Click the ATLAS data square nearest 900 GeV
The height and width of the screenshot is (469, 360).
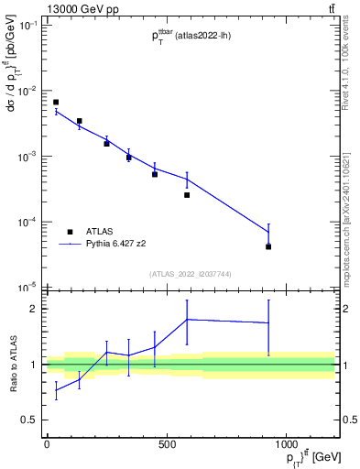[x=268, y=246]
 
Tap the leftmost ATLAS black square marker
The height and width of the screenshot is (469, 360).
[x=56, y=103]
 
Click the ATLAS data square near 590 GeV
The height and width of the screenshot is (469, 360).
[x=187, y=195]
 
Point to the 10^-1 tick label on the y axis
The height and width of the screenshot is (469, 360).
[x=27, y=26]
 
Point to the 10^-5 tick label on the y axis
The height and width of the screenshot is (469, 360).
[x=27, y=288]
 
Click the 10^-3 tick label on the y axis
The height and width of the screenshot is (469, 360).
[x=27, y=157]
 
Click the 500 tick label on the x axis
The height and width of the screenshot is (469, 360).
[x=167, y=445]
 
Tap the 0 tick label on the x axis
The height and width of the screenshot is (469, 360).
[x=47, y=445]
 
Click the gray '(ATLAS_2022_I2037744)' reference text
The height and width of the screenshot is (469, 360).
[x=191, y=274]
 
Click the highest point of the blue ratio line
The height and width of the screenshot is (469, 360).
[x=187, y=319]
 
